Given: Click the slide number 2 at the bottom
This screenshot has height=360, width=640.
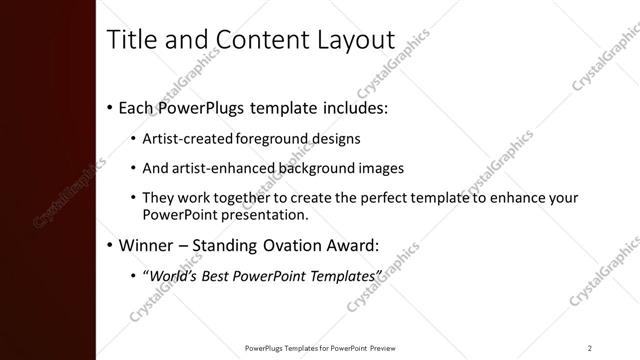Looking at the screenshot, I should [x=590, y=348].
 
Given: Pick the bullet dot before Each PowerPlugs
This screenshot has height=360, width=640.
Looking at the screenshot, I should [x=109, y=107].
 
